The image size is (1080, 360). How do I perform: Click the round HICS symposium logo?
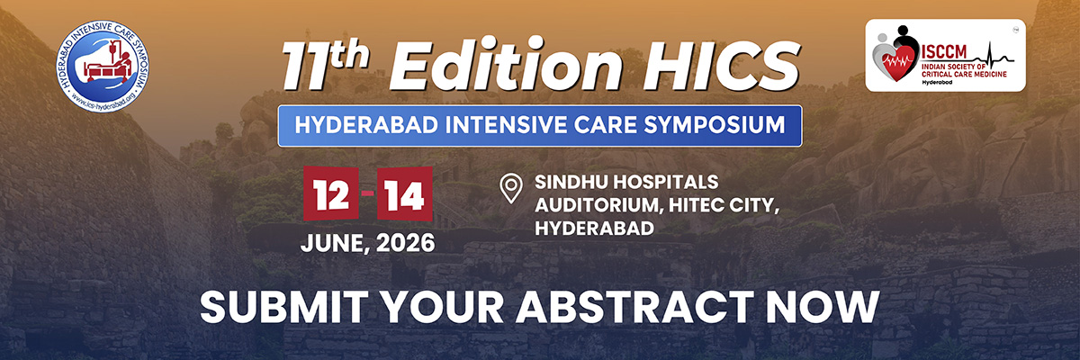click(x=103, y=66)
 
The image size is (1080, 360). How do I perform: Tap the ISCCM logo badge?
click(x=946, y=55)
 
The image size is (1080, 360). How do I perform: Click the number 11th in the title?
click(x=326, y=64)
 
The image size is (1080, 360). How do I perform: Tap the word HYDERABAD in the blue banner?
click(x=366, y=125)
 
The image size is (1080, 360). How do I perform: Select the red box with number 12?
click(x=331, y=193)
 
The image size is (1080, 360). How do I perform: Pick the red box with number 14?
click(x=404, y=193)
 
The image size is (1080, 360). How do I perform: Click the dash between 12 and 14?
click(x=368, y=193)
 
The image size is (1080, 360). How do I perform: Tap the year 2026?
click(x=406, y=243)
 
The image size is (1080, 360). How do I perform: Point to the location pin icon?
click(x=511, y=188)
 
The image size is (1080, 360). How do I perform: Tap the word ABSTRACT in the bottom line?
click(x=634, y=307)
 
